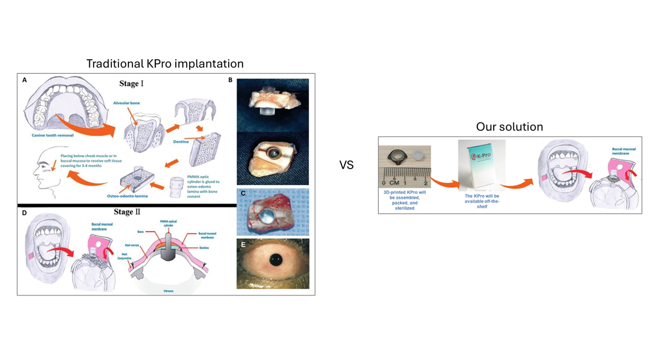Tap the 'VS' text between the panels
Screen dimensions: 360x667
[346, 165]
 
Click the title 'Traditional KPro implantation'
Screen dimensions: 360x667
[165, 64]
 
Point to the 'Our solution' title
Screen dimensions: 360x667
[509, 127]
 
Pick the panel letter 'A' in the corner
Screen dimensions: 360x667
[24, 80]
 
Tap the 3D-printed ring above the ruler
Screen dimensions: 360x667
[398, 157]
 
